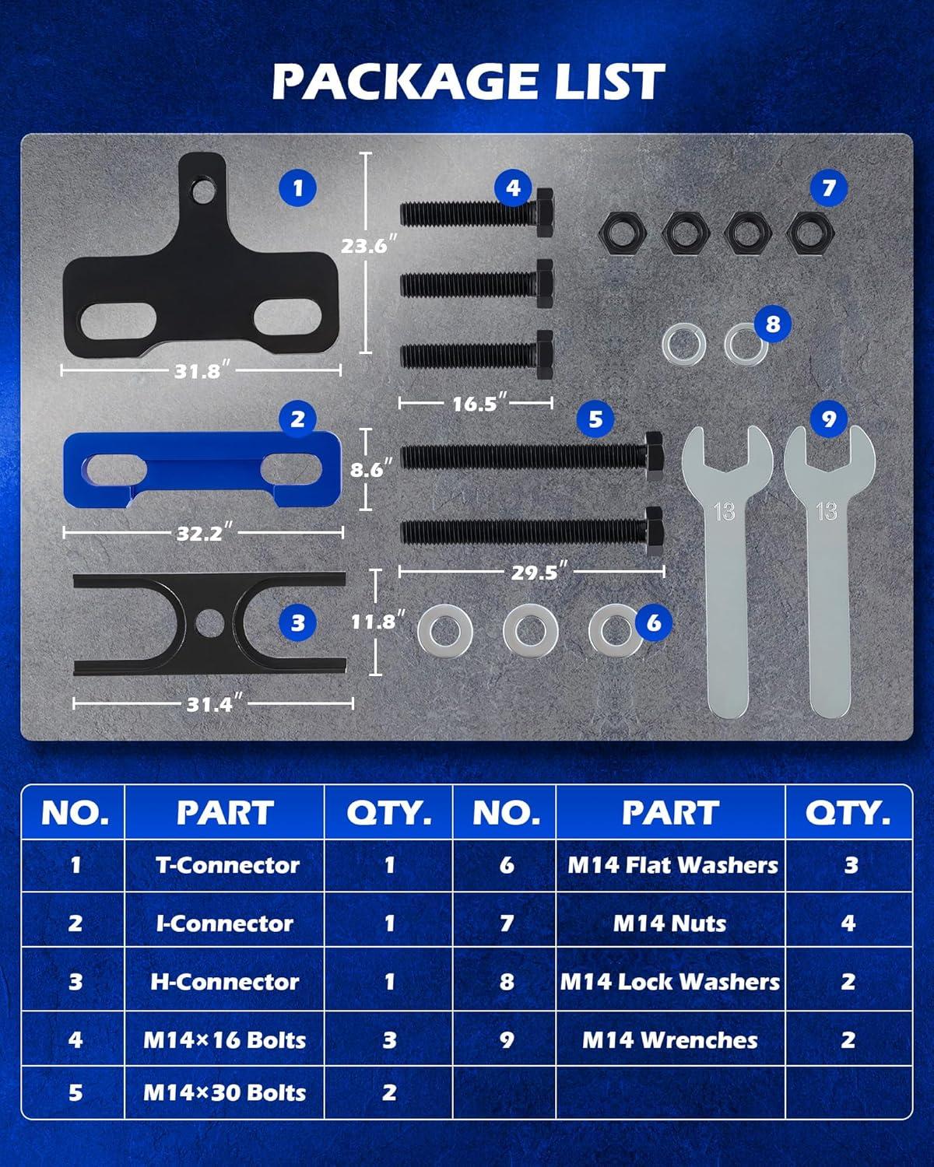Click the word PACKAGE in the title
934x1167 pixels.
398,82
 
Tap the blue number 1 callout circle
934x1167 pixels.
297,188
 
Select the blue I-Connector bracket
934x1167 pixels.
202,470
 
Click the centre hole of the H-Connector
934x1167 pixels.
209,623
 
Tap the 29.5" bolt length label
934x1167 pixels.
539,572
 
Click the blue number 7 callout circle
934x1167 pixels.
828,188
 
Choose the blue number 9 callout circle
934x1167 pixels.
828,419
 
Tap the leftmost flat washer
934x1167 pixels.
445,631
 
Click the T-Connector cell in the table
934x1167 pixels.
225,865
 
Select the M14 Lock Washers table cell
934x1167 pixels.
670,982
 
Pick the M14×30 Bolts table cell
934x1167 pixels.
225,1092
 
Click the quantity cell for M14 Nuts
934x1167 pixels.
849,923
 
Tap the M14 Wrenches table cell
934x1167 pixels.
670,1040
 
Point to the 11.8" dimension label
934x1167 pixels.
377,622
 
